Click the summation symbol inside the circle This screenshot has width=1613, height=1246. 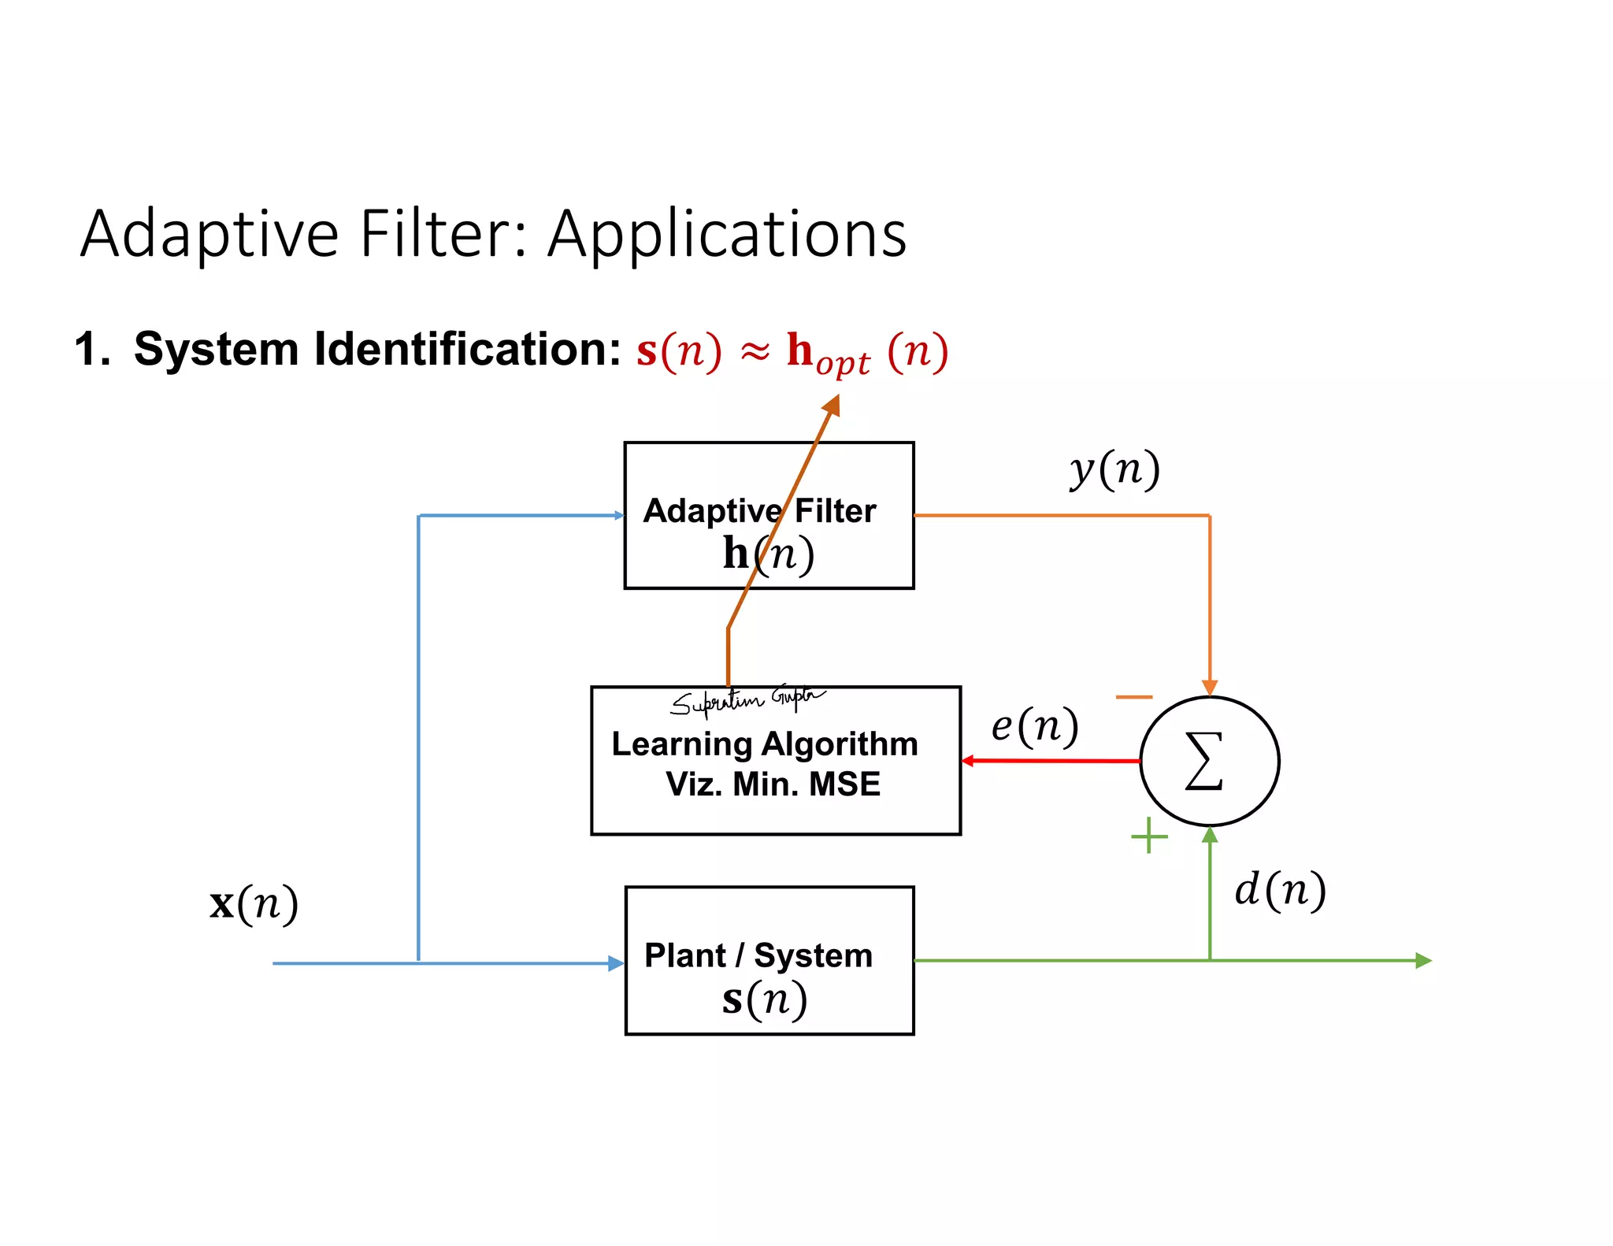pos(1204,761)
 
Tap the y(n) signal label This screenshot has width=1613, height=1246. pos(1114,469)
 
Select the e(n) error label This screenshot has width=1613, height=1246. pos(1034,726)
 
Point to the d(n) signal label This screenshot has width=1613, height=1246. pos(1280,891)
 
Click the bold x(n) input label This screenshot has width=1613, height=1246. pos(254,903)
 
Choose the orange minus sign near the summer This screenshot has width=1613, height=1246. pos(1134,697)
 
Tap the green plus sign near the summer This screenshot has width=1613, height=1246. pos(1149,836)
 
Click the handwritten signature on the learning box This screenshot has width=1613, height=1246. pos(744,699)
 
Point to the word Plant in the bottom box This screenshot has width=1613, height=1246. pos(684,955)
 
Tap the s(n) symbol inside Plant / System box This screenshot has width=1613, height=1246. pos(764,999)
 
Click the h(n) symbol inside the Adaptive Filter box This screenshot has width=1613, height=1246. pos(768,554)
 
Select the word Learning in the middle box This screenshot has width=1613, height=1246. pos(682,744)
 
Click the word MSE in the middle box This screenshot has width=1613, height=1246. pos(844,784)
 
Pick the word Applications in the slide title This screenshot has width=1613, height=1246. pos(727,235)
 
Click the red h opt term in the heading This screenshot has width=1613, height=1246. pos(827,353)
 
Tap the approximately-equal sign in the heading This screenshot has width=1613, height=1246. pos(755,352)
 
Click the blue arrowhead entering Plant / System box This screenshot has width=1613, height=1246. pos(616,963)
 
